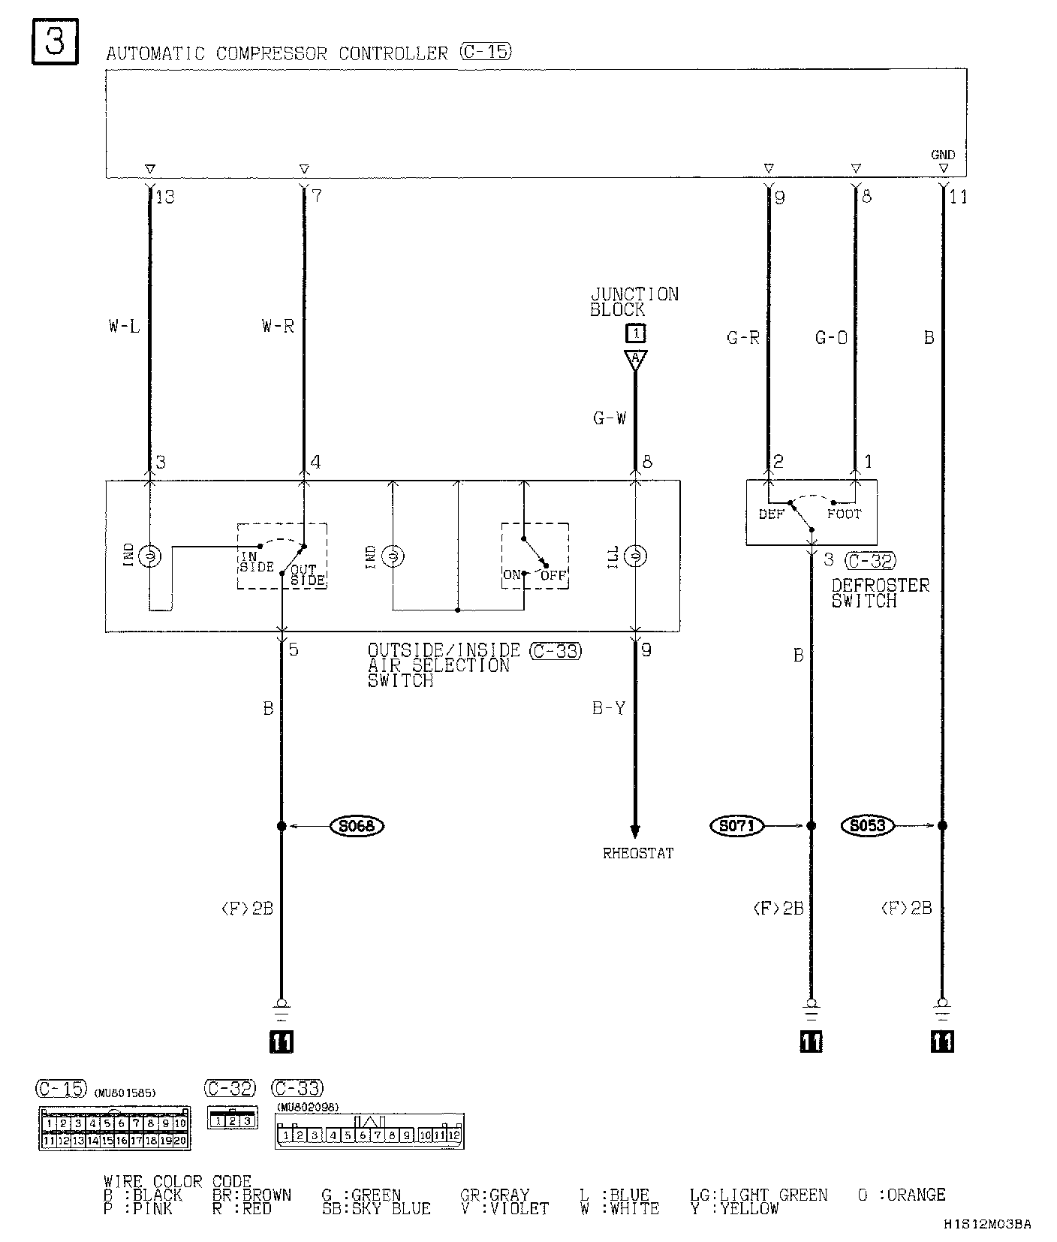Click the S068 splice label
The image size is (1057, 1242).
coord(357,826)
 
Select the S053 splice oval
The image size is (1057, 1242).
coord(869,826)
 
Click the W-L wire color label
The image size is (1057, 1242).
coord(124,326)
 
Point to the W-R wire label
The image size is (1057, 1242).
coord(278,326)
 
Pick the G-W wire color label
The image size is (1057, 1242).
coord(610,418)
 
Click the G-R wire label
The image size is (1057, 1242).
coord(743,338)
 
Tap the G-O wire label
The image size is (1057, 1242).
coord(832,338)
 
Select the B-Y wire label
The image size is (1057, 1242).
coord(608,708)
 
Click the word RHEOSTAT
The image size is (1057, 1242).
coord(638,853)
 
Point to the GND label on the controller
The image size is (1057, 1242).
coord(943,155)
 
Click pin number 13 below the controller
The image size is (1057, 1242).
coord(164,197)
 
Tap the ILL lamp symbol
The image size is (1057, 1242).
coord(635,556)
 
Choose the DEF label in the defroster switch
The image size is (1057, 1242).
coord(771,514)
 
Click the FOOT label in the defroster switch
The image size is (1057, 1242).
coord(844,514)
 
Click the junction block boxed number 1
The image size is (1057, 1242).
coord(635,333)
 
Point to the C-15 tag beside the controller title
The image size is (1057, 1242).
coord(486,52)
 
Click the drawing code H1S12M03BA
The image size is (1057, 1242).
coord(988,1224)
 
